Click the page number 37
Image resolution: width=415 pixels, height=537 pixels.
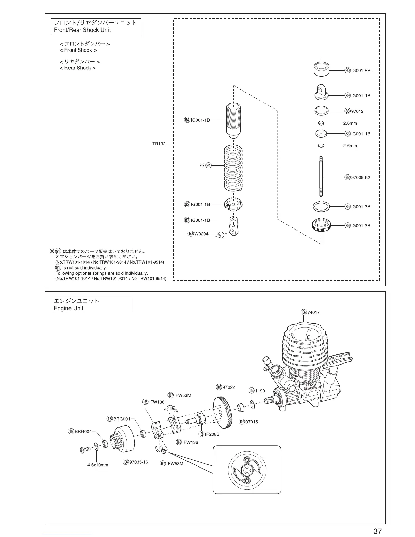[378, 531]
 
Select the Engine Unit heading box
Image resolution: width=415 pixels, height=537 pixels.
[91, 305]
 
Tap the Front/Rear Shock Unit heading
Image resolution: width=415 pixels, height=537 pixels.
[96, 26]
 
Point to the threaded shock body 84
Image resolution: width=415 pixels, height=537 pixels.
[233, 119]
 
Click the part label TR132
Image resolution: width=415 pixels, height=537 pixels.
[159, 144]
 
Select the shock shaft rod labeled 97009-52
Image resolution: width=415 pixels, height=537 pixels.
[321, 177]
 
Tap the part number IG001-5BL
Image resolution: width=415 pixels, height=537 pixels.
[362, 71]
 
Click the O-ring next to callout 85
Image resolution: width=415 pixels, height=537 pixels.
[321, 206]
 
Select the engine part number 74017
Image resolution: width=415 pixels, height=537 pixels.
[313, 312]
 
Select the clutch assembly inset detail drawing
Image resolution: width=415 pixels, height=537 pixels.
[247, 470]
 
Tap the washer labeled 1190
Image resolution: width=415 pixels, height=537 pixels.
[252, 403]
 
